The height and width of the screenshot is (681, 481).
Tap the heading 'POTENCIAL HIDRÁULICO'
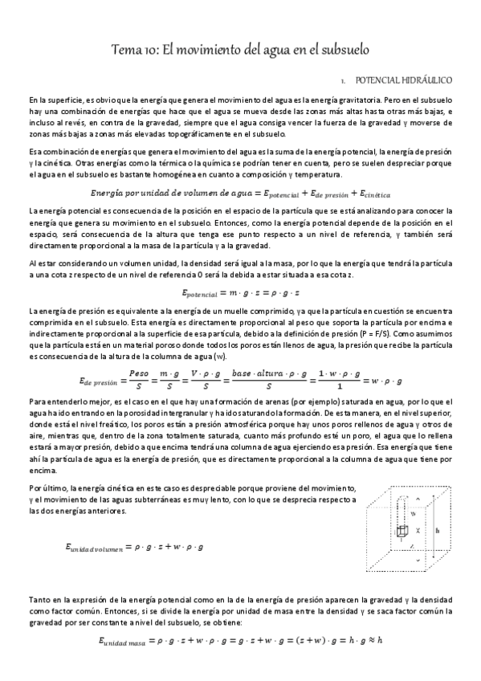point(405,81)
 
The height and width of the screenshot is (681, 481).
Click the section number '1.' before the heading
point(343,81)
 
